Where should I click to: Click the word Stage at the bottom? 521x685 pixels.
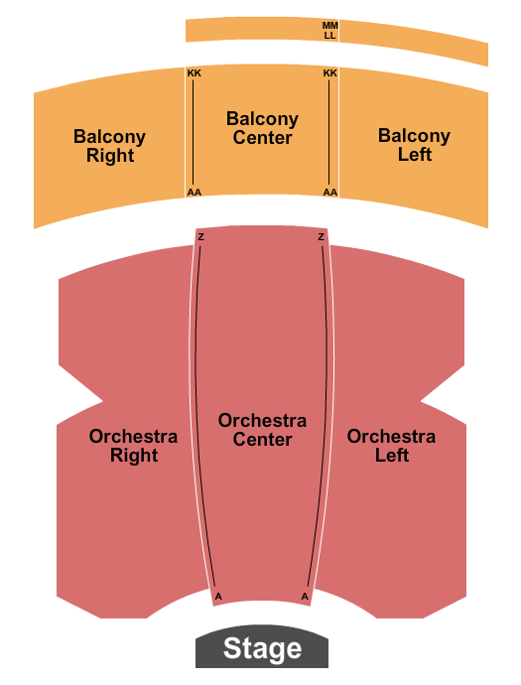tap(262, 650)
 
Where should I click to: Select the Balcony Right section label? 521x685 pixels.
tap(109, 146)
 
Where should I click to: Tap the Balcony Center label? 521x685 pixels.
tap(262, 128)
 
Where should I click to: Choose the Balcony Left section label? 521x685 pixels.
tap(414, 145)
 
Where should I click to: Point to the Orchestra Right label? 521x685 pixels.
tap(133, 446)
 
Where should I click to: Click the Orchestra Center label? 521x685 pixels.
tap(262, 430)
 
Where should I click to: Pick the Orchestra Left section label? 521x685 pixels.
tap(391, 446)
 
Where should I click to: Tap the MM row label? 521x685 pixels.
tap(329, 25)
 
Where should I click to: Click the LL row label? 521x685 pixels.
tap(329, 36)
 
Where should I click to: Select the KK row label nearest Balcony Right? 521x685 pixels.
tap(194, 73)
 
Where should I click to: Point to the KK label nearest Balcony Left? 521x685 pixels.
tap(330, 73)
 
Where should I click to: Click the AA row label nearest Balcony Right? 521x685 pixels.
tap(194, 193)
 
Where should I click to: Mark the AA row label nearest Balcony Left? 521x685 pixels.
tap(330, 193)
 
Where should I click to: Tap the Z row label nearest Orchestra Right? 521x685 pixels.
tap(200, 237)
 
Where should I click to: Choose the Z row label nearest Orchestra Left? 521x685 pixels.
tap(321, 237)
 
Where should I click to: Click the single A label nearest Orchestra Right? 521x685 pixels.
tap(217, 596)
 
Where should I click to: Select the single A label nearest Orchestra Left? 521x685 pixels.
tap(305, 596)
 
